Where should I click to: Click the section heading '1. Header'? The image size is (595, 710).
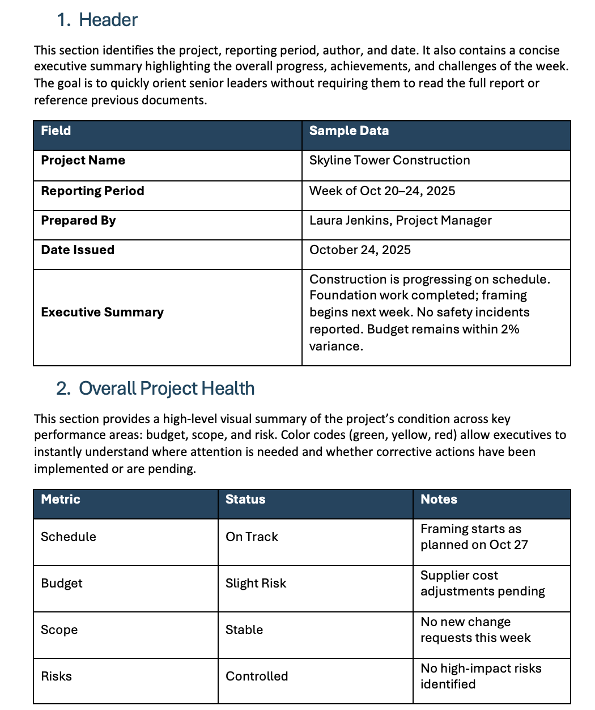97,20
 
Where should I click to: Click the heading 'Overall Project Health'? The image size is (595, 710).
166,388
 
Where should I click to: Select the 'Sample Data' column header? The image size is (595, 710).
348,131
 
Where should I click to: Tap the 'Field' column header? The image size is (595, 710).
56,131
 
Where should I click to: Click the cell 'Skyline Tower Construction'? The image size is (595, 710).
389,160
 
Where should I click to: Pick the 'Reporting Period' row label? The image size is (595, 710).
92,191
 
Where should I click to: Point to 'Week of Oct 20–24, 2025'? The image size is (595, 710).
382,191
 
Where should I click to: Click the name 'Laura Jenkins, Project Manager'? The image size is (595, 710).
400,221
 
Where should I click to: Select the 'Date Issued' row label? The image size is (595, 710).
78,250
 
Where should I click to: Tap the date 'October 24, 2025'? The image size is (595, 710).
360,250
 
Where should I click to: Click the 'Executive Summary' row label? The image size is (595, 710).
102,312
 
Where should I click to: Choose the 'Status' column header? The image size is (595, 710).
245,500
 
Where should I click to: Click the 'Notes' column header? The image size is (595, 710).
439,500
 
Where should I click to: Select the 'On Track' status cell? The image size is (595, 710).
252,537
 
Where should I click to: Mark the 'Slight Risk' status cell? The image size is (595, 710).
256,584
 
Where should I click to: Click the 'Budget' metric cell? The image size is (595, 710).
62,584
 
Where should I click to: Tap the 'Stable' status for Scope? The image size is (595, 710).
244,630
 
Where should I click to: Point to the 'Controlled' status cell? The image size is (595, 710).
257,677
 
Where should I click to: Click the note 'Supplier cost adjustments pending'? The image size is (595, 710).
482,584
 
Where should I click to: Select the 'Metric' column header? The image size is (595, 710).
61,500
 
